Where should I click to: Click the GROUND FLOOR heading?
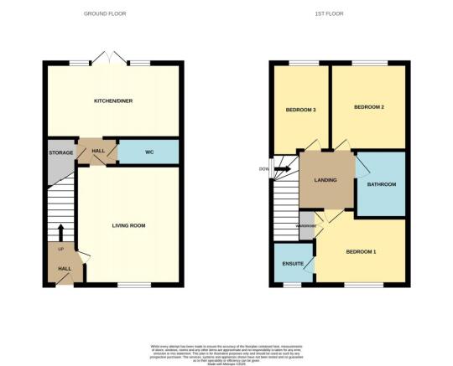[x=113, y=13]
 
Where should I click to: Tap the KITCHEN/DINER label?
[x=113, y=101]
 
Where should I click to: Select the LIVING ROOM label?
[x=129, y=225]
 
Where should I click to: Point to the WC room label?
[x=148, y=152]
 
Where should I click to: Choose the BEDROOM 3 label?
[x=299, y=111]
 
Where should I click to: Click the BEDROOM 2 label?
[x=368, y=107]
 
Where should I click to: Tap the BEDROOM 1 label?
[x=361, y=252]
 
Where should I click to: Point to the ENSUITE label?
[x=292, y=262]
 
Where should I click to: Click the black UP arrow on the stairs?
[x=60, y=232]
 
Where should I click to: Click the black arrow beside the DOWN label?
[x=283, y=169]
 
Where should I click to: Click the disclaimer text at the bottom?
[x=226, y=352]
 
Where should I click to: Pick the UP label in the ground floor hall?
[x=60, y=250]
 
